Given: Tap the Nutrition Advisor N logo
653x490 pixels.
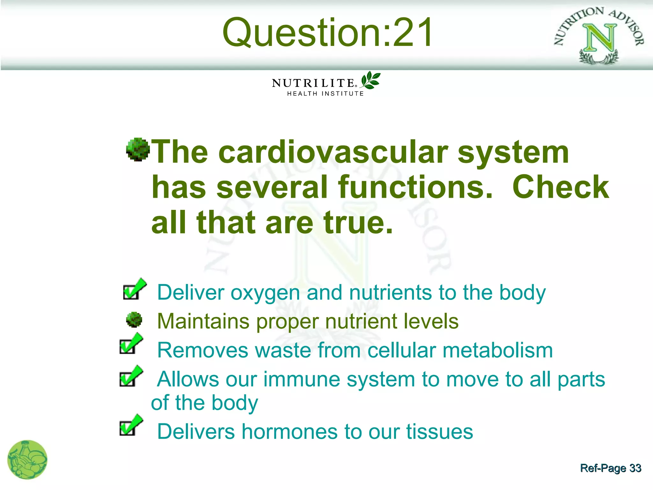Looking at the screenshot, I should (x=599, y=35).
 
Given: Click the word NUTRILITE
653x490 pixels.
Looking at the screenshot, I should (x=313, y=83).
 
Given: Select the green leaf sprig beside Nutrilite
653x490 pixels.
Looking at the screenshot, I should (x=370, y=80).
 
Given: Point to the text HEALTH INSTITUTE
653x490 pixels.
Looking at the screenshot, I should (x=325, y=94).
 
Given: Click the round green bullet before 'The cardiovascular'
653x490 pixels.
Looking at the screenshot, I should (x=138, y=150).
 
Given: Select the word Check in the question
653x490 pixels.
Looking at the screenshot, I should (x=560, y=187).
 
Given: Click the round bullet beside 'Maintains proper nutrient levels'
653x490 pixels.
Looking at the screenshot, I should (x=134, y=320).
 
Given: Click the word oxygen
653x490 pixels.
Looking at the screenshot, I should (x=265, y=293).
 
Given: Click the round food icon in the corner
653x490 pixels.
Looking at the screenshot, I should (x=27, y=460).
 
